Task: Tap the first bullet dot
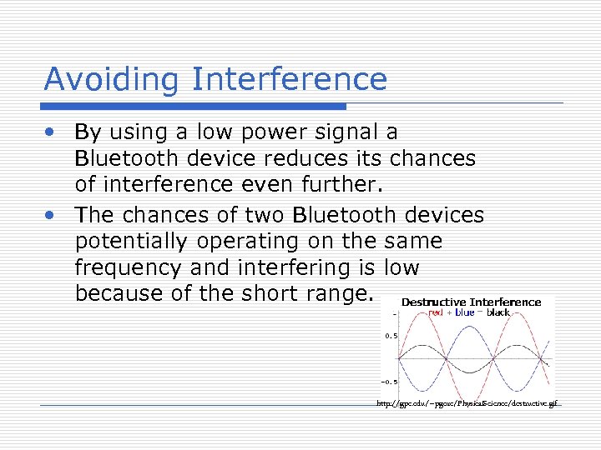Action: (52, 132)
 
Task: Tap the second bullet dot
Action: (52, 215)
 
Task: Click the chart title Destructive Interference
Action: (471, 302)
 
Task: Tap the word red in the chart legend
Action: (435, 312)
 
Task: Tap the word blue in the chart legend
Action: (465, 312)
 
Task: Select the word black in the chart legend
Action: (498, 312)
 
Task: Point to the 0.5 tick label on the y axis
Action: (390, 337)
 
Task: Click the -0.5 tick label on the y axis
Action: (388, 382)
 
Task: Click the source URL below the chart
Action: (468, 404)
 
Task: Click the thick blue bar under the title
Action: (194, 107)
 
